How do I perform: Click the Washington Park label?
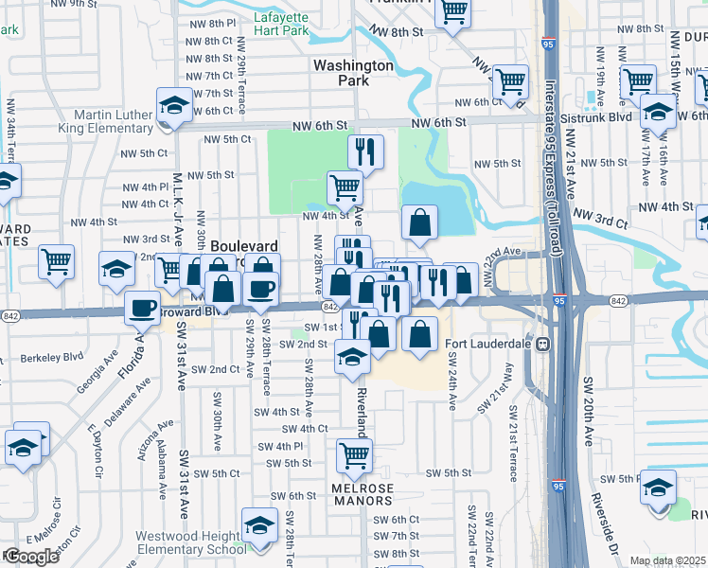pos(352,73)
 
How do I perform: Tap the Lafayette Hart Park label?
pos(281,25)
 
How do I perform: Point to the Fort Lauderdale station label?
pos(490,344)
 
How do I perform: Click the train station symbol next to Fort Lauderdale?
pos(543,344)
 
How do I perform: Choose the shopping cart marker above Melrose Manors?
pos(354,455)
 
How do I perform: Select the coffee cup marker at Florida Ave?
pos(143,308)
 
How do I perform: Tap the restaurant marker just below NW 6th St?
pos(364,151)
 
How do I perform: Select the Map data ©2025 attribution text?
pos(667,560)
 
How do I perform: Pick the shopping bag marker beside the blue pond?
pos(419,222)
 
